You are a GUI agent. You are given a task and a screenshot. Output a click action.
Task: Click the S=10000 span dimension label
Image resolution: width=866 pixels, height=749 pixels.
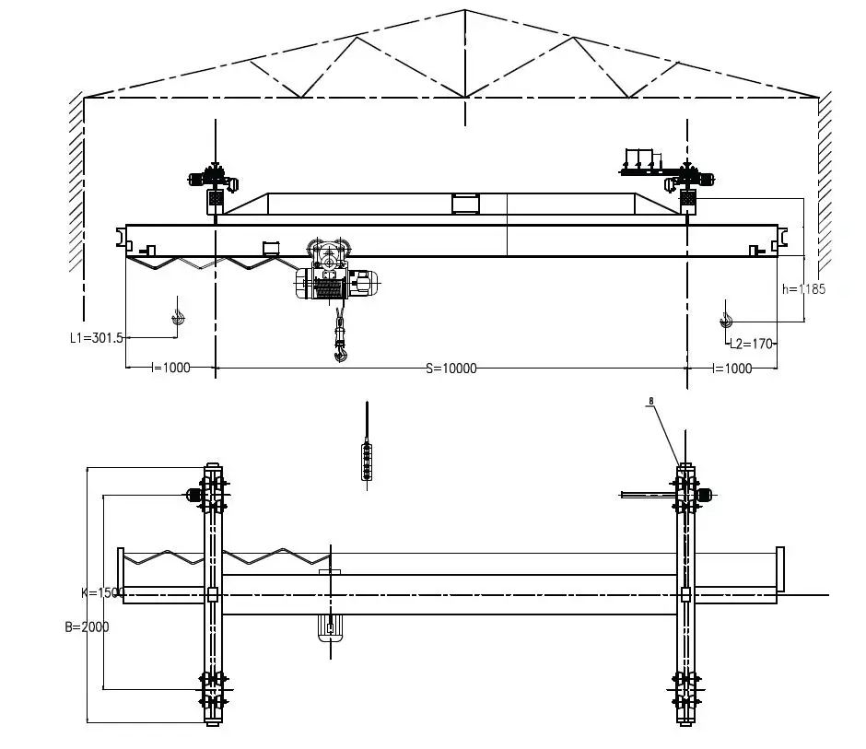click(451, 369)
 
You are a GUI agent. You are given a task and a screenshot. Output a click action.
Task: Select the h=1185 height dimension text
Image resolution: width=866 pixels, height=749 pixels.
click(803, 288)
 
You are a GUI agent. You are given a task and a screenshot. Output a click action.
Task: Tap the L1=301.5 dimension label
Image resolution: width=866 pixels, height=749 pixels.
click(97, 338)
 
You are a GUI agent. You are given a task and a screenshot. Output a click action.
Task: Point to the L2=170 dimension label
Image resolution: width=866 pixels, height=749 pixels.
click(750, 345)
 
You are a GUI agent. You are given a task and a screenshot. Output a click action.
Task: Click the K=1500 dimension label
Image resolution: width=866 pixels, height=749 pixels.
click(102, 592)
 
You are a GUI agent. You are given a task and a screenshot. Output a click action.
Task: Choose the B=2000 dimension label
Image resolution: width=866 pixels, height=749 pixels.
click(87, 626)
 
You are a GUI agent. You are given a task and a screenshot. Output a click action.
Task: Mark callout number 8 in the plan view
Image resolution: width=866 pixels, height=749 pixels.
click(650, 401)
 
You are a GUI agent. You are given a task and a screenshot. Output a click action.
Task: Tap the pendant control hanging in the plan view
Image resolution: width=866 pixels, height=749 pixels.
click(368, 460)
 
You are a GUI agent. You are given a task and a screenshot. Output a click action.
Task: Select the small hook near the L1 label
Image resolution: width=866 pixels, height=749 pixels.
click(178, 317)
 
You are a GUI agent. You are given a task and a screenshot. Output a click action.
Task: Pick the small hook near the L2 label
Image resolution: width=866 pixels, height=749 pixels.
click(727, 319)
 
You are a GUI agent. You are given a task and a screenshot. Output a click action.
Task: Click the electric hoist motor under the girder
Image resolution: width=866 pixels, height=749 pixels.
click(361, 283)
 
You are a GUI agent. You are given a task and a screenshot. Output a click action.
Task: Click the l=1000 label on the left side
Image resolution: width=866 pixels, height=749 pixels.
click(170, 368)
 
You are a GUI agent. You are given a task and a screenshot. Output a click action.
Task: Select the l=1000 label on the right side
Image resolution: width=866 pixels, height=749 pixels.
click(732, 368)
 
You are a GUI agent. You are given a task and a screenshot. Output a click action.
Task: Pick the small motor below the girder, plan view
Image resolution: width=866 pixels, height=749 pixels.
click(329, 629)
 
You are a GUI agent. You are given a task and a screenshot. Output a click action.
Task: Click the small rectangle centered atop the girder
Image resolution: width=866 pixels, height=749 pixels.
click(463, 204)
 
